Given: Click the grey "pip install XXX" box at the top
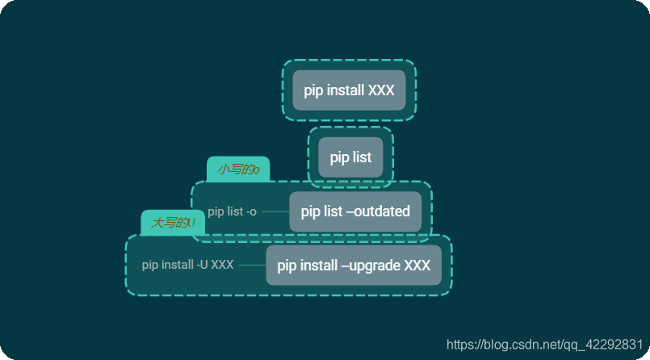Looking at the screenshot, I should pos(349,90).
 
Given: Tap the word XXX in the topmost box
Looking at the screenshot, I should pos(381,90).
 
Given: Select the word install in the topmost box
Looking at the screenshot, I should pos(345,90).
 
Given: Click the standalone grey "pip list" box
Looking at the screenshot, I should pos(350,157).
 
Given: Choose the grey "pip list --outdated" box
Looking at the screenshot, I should pos(355,211).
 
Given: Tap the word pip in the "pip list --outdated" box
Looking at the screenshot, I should pos(310,211).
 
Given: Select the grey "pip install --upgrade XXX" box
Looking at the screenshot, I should pos(354,266).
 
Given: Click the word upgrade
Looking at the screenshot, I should pos(375,266).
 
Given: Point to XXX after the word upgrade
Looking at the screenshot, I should pos(417,266).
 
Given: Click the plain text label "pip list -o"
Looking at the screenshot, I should pos(232,211).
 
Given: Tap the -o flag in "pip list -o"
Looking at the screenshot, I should pos(250,211).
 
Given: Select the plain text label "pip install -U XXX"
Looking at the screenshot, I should pos(187,265).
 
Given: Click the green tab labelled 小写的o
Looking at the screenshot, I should pos(238,170).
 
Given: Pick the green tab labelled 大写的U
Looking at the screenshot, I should pos(173,223).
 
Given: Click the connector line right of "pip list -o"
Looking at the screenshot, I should pos(275,211).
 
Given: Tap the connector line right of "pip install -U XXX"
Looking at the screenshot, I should pos(252,265).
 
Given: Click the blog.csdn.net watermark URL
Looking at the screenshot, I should pos(544,345).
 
